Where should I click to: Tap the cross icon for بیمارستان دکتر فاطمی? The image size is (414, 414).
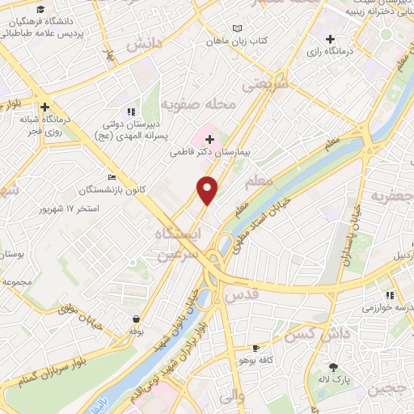tap(209, 138)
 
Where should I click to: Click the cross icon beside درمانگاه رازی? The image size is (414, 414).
tap(330, 39)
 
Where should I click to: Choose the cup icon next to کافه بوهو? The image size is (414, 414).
tap(256, 348)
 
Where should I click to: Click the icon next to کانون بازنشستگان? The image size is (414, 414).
tap(112, 178)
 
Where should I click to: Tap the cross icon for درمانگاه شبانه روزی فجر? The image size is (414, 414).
tap(45, 105)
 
